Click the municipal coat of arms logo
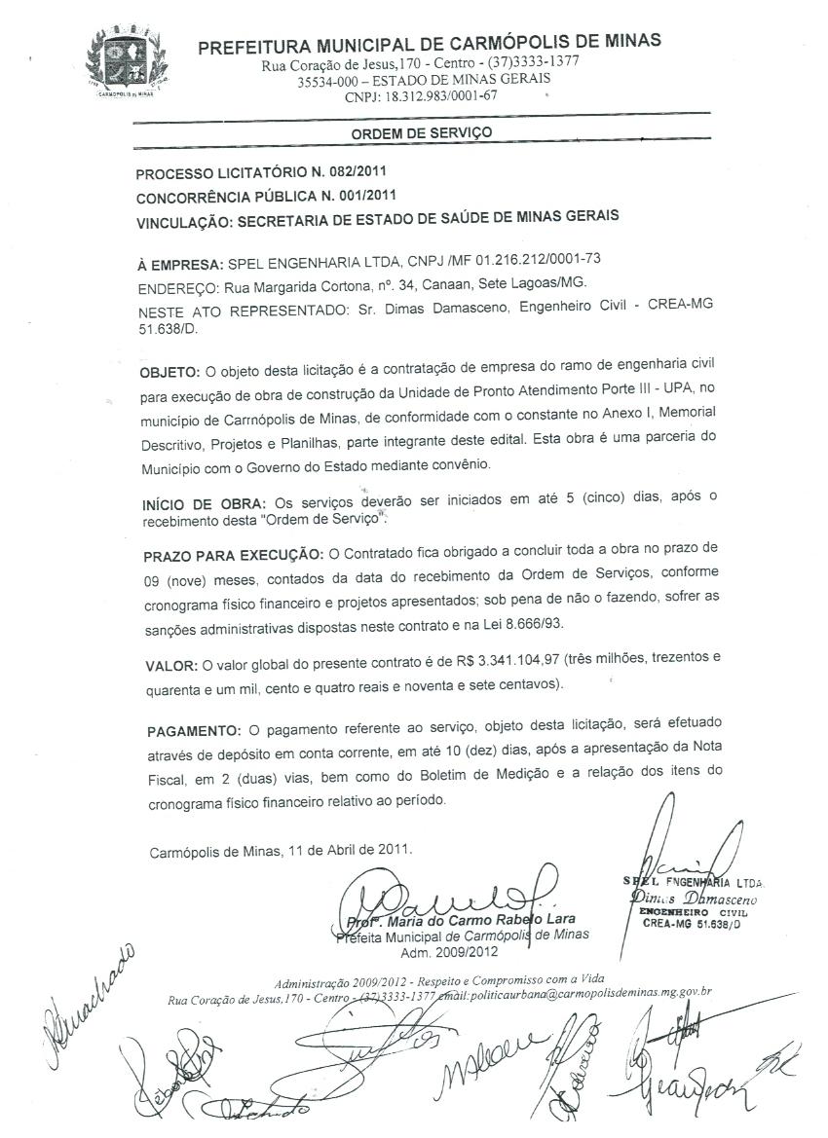click(128, 60)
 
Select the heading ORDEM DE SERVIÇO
click(422, 132)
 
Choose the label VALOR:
click(171, 665)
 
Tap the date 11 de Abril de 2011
click(351, 850)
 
